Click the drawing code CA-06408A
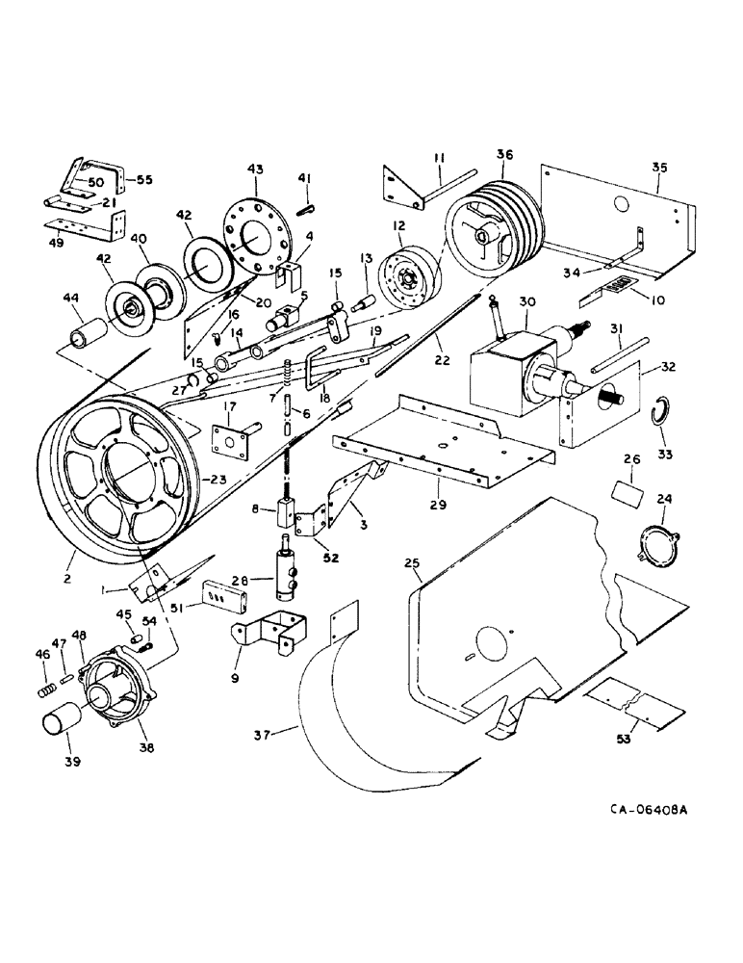(x=648, y=811)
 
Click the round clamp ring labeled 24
(x=655, y=539)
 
